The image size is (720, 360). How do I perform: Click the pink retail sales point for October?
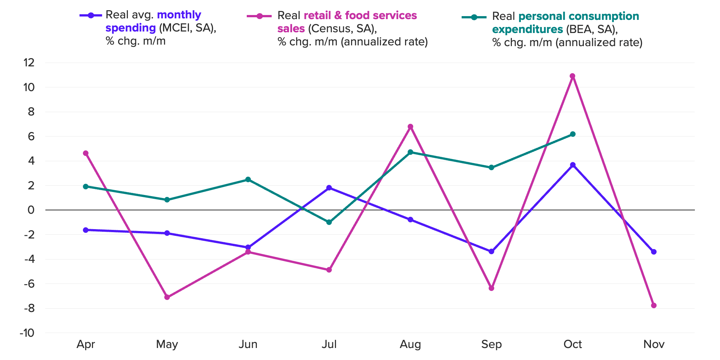click(x=572, y=76)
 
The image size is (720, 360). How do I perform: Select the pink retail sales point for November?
click(x=654, y=306)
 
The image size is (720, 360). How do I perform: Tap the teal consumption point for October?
click(x=573, y=134)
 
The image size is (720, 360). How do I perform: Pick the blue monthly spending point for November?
click(x=654, y=252)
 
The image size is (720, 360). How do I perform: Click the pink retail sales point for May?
click(x=167, y=297)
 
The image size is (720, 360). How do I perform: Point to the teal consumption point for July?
click(x=329, y=222)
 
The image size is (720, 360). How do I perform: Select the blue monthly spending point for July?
click(x=329, y=188)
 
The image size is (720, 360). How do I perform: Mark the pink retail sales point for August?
click(x=410, y=127)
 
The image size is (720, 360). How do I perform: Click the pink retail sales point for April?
click(x=85, y=153)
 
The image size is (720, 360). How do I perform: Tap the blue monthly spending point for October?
click(x=573, y=165)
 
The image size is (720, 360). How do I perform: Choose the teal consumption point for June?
click(x=248, y=180)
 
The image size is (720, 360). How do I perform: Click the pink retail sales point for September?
click(x=491, y=288)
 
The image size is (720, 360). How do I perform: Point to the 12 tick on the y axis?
click(x=29, y=63)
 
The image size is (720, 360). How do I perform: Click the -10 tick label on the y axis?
click(x=27, y=333)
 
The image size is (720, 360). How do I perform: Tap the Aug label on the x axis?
click(x=410, y=344)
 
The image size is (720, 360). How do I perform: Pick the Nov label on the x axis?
click(x=654, y=344)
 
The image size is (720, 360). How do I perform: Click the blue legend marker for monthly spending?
click(x=91, y=15)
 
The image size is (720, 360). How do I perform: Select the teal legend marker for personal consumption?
click(x=474, y=17)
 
